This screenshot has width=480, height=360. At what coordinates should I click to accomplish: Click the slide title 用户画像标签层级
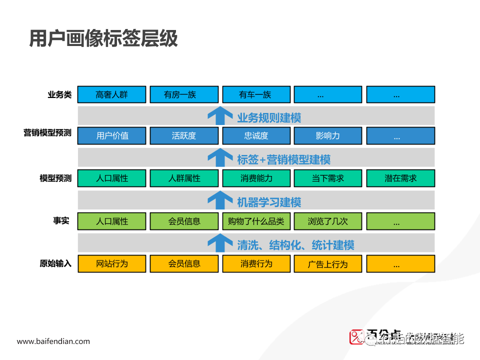[x=103, y=38]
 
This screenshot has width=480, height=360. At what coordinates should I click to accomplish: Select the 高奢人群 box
[x=112, y=94]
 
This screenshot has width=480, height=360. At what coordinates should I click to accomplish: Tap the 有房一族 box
[x=184, y=94]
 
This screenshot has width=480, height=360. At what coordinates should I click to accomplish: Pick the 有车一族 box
[x=256, y=94]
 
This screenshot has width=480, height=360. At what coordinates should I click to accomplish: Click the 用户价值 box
[x=112, y=135]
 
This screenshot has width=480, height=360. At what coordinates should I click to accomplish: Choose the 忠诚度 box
[x=256, y=135]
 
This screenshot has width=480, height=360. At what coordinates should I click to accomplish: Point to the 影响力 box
[x=328, y=135]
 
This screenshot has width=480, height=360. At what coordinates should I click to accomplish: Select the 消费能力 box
[x=256, y=178]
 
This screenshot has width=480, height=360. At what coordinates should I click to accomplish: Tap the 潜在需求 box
[x=400, y=178]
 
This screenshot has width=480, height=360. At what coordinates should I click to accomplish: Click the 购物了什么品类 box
[x=256, y=221]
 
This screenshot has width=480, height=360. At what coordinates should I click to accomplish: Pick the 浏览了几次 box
[x=328, y=221]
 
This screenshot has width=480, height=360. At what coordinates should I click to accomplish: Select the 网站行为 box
[x=112, y=263]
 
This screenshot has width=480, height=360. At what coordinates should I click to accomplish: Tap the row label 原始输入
[x=55, y=263]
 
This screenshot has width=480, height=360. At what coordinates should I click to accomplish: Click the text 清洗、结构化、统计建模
[x=295, y=245]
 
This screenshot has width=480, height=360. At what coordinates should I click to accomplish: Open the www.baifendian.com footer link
[x=53, y=341]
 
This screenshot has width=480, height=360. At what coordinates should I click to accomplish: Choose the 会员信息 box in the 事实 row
[x=184, y=221]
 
